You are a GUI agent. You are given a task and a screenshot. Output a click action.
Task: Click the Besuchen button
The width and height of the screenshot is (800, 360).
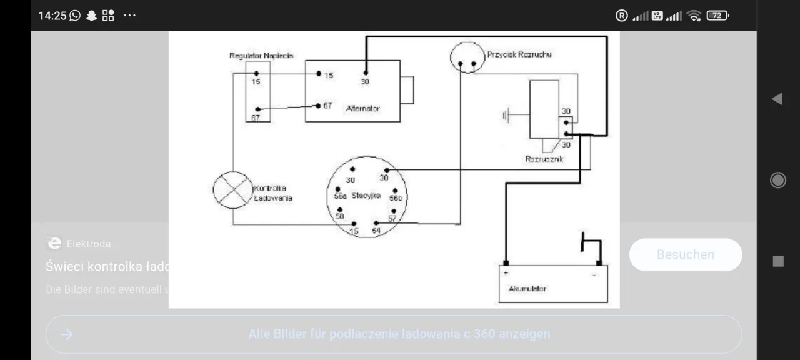click(685, 255)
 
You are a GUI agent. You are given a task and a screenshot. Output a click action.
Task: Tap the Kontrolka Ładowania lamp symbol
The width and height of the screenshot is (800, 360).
click(233, 189)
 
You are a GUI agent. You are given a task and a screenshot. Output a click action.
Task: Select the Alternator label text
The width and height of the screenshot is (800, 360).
click(362, 109)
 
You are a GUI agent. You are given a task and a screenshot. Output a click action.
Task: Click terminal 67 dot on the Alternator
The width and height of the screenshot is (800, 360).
click(318, 105)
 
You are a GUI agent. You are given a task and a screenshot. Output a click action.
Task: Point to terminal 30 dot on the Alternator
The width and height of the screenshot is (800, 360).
click(366, 72)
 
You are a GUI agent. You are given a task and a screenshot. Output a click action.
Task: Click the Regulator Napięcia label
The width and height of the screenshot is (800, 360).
click(261, 56)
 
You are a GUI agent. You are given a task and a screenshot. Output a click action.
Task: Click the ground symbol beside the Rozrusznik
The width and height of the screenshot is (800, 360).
click(506, 115)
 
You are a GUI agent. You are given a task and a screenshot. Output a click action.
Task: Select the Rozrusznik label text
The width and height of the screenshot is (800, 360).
click(544, 159)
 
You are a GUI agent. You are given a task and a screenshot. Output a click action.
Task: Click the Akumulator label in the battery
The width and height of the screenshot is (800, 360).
click(527, 289)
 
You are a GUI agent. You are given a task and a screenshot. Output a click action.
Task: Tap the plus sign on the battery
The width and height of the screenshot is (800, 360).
click(506, 273)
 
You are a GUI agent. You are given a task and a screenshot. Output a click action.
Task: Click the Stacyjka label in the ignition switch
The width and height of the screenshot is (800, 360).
click(366, 196)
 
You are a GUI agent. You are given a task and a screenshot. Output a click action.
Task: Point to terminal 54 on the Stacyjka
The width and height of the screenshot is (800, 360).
click(376, 231)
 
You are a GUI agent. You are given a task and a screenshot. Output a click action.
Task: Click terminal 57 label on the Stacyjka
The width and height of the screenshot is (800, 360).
click(392, 218)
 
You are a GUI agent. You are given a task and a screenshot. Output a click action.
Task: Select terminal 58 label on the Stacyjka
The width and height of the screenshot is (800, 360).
click(340, 216)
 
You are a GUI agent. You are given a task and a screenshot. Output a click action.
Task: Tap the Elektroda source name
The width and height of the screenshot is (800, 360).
click(88, 244)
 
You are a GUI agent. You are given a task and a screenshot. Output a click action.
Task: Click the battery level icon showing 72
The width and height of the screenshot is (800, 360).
click(717, 16)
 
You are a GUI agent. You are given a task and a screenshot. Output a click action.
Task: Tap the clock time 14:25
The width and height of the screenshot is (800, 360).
click(52, 16)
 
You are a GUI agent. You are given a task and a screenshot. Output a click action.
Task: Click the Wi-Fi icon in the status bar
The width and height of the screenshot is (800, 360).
click(694, 16)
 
